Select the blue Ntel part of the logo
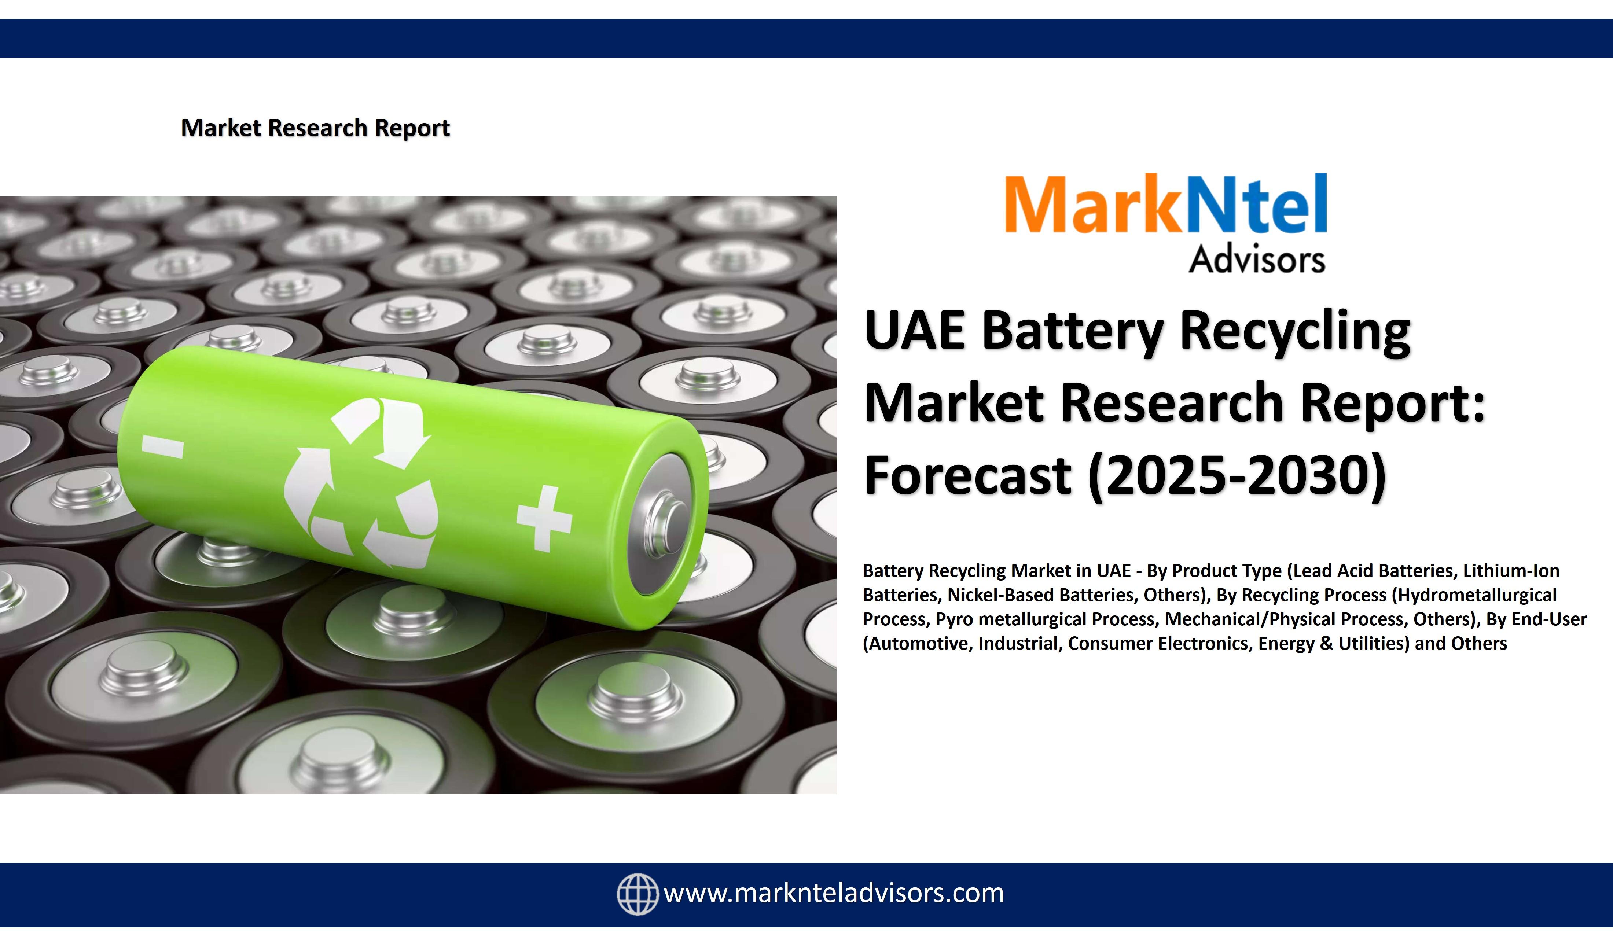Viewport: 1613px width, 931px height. click(1254, 203)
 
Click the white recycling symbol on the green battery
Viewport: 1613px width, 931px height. click(360, 483)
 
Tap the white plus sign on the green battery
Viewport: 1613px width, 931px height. click(544, 518)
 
